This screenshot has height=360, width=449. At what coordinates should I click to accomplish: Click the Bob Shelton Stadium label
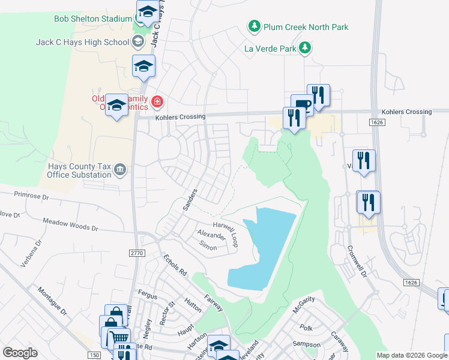point(93,19)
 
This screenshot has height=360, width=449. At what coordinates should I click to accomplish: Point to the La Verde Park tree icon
point(306,48)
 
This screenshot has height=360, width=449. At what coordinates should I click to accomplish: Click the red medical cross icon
point(157,102)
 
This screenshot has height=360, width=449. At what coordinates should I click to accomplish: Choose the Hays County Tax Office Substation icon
point(121,170)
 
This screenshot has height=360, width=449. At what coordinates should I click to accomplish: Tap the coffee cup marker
point(302,104)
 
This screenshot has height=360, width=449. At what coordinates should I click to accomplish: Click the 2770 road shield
point(137,254)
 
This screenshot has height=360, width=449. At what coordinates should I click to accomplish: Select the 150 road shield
point(94,355)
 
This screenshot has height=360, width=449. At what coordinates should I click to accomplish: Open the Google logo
point(20,353)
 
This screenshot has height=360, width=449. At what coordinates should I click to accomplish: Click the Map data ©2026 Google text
point(411,355)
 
